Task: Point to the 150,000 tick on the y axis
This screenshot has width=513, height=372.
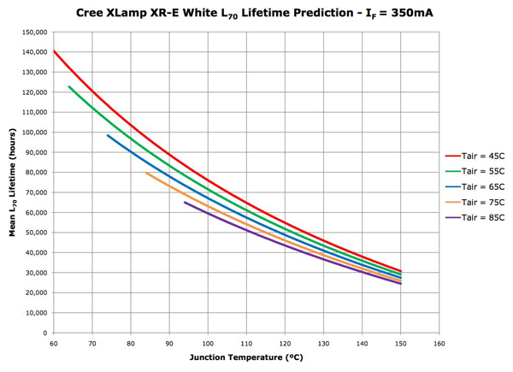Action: pyautogui.click(x=32, y=32)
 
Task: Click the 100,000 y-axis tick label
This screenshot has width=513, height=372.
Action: pyautogui.click(x=32, y=133)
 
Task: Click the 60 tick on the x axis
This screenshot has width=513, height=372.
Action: pyautogui.click(x=53, y=343)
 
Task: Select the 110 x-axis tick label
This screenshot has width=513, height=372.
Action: pyautogui.click(x=245, y=343)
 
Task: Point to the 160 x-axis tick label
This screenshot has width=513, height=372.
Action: pyautogui.click(x=439, y=343)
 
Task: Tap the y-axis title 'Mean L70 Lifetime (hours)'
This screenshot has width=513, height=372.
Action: pyautogui.click(x=12, y=182)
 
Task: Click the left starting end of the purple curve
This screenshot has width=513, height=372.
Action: pyautogui.click(x=185, y=203)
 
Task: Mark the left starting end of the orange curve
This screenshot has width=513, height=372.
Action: pyautogui.click(x=146, y=173)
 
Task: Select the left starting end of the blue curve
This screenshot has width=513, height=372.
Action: pyautogui.click(x=108, y=135)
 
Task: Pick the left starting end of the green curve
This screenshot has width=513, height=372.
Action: pyautogui.click(x=69, y=86)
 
